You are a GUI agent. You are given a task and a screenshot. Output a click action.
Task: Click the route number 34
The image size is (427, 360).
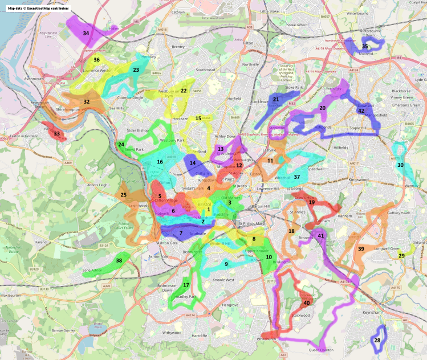click(x=86, y=34)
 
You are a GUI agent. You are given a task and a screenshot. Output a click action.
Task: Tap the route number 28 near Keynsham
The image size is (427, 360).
click(x=377, y=340)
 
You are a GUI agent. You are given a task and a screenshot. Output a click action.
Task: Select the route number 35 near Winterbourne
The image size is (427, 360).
click(x=365, y=46)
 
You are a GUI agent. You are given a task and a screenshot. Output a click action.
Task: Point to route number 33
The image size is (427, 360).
click(x=56, y=134)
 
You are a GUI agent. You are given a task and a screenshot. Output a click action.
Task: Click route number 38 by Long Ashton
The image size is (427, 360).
click(x=119, y=260)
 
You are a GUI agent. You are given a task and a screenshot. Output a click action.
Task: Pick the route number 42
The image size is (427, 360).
click(x=361, y=111)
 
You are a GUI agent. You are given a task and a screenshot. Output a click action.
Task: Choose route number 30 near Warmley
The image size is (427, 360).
click(x=401, y=165)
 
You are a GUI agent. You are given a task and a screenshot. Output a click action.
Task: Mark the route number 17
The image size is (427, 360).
click(x=186, y=285)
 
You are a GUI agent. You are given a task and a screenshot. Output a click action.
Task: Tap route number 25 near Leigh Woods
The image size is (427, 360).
click(x=124, y=195)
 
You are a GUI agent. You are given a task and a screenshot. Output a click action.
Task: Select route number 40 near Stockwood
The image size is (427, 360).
click(x=307, y=303)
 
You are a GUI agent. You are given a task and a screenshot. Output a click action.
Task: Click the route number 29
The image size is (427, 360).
click(x=401, y=256)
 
